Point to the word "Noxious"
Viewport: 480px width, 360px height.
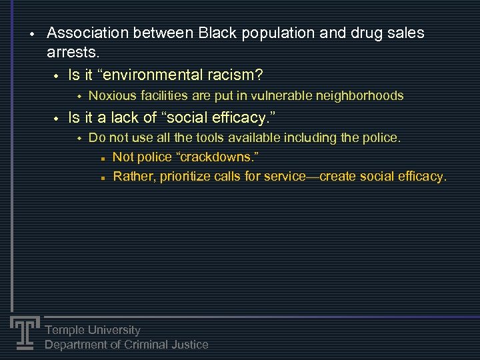point(111,96)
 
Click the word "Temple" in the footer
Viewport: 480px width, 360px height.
point(65,330)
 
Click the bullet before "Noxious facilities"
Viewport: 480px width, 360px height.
point(77,97)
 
